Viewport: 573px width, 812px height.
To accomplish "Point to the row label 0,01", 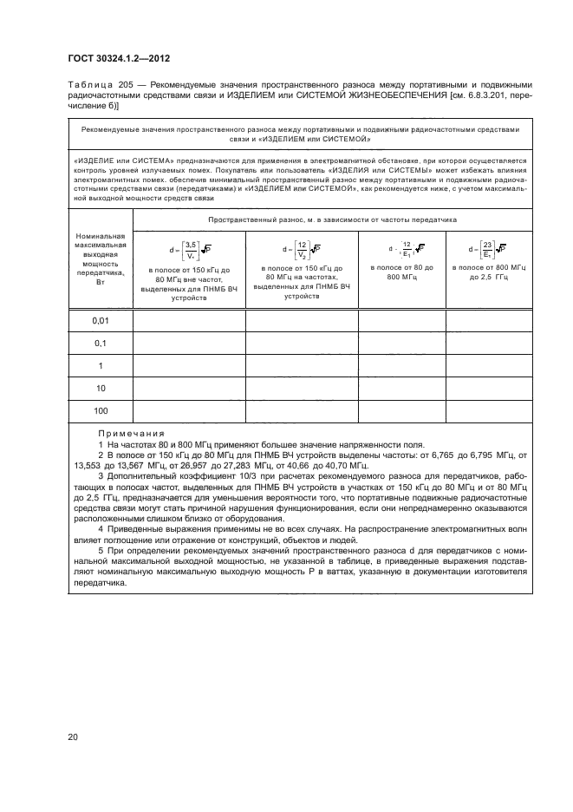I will coord(100,321).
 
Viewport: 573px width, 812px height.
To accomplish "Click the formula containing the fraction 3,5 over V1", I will coord(186,250).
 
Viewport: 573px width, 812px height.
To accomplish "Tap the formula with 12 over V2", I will coord(302,250).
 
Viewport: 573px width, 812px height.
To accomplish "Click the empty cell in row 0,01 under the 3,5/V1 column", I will coord(188,321).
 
